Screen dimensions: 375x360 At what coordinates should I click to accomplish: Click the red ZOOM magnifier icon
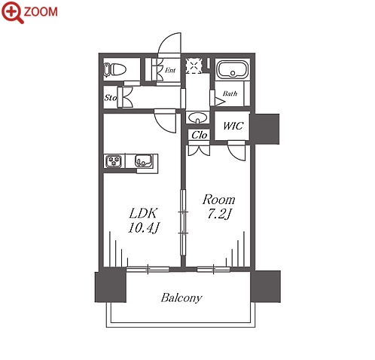coord(12,12)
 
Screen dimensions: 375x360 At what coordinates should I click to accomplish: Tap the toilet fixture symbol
coord(114,69)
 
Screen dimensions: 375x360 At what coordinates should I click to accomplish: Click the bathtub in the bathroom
coord(233,69)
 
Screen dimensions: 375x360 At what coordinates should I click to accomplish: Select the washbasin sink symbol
coord(198,117)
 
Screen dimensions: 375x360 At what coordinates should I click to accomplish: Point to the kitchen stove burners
coord(114,161)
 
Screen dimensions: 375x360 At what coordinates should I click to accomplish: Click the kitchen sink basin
coord(144,160)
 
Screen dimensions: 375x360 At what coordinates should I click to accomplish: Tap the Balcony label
coord(181,297)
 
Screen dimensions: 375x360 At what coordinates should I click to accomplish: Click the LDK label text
coord(143,213)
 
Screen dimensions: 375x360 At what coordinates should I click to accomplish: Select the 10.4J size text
coord(143,227)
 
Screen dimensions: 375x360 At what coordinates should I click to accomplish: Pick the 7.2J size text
coord(219,214)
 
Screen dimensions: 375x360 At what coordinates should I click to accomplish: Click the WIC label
coord(233,126)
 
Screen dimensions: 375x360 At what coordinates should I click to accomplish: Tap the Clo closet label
coord(200,135)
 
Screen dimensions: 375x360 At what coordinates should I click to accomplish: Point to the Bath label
coord(230,93)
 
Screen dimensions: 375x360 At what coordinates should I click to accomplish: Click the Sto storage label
coord(111,97)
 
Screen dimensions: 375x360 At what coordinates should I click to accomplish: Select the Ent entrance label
coord(170,70)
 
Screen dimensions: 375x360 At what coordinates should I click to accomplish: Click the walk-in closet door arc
coord(234,154)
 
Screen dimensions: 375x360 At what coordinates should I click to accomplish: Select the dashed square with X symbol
coord(194,66)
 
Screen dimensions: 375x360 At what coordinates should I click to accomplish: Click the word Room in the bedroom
coord(219,200)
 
